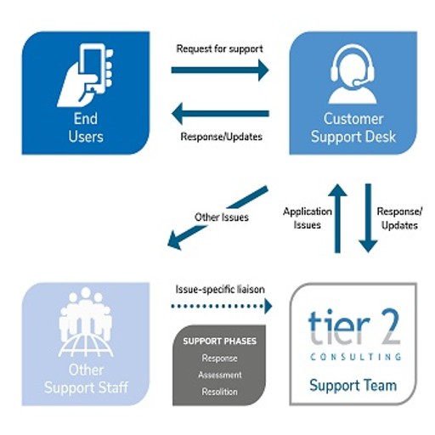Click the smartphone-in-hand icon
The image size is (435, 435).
pyautogui.click(x=86, y=75)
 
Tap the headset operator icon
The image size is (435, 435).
pyautogui.click(x=353, y=74)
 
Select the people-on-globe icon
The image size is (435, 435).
pyautogui.click(x=86, y=322)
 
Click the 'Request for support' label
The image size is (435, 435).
pyautogui.click(x=220, y=48)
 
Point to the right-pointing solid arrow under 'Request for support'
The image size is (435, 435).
pyautogui.click(x=220, y=70)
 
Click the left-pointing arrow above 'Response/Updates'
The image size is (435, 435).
pyautogui.click(x=220, y=114)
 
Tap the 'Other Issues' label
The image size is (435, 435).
pyautogui.click(x=222, y=217)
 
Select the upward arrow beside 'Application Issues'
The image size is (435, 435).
pyautogui.click(x=337, y=218)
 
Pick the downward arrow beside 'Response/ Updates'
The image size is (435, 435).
pyautogui.click(x=368, y=218)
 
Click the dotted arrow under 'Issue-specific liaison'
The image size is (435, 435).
pyautogui.click(x=222, y=306)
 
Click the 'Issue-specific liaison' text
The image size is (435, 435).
pyautogui.click(x=220, y=290)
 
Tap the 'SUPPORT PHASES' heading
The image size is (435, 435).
pyautogui.click(x=220, y=341)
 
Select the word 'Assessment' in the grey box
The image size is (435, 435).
pyautogui.click(x=220, y=375)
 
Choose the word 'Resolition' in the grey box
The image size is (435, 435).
pyautogui.click(x=220, y=392)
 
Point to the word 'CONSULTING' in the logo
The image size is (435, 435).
pyautogui.click(x=356, y=357)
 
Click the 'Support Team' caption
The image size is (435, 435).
pyautogui.click(x=353, y=385)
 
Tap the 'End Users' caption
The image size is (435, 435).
pyautogui.click(x=86, y=127)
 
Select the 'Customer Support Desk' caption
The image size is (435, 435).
pyautogui.click(x=353, y=127)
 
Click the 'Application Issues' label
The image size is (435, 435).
pyautogui.click(x=308, y=218)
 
